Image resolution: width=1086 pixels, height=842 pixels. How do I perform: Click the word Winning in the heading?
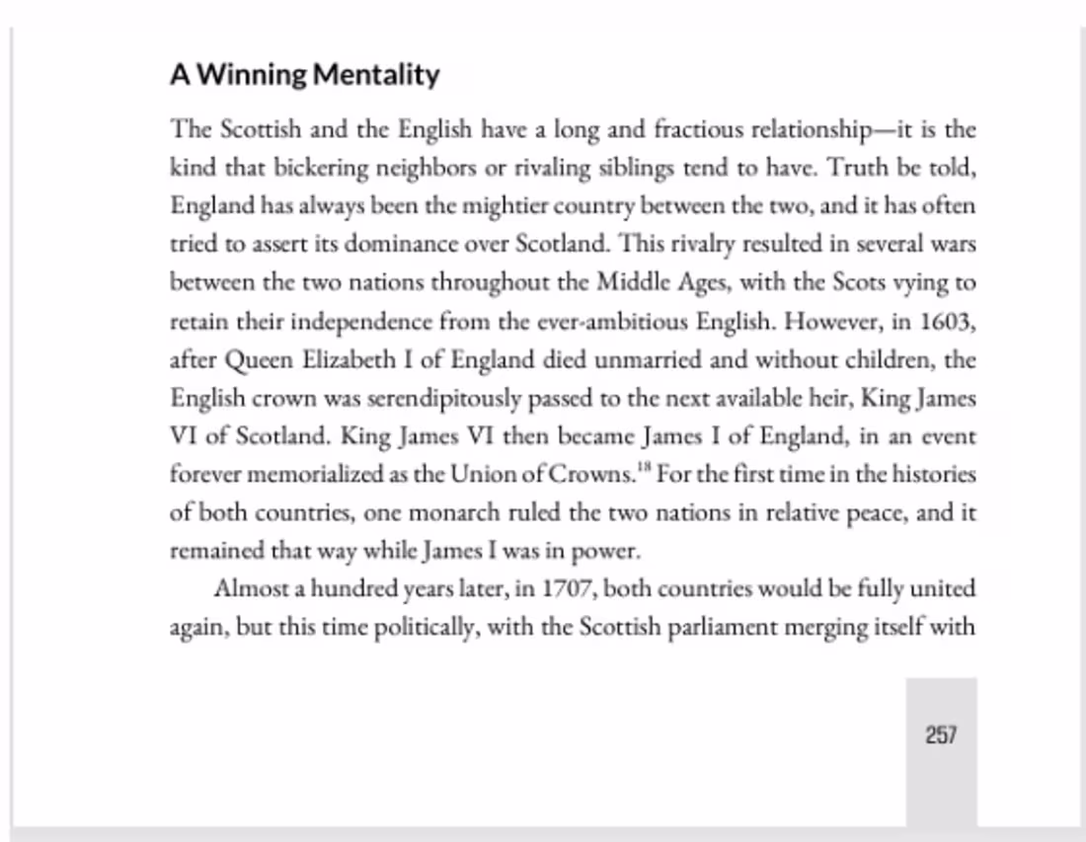click(x=252, y=75)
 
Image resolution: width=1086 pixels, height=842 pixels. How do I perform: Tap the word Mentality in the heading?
click(x=376, y=75)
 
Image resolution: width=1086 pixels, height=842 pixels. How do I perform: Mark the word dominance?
click(x=406, y=245)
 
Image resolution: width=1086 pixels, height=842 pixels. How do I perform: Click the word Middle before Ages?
click(x=633, y=283)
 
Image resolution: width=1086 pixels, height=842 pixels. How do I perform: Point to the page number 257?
click(x=941, y=735)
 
